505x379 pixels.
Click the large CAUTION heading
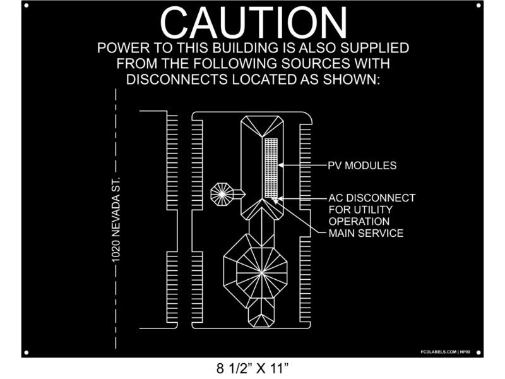(x=253, y=23)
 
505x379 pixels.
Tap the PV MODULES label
(x=362, y=165)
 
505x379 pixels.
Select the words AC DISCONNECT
(x=372, y=198)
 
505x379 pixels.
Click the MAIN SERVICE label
(x=366, y=234)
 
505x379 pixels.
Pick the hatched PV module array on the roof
(x=271, y=167)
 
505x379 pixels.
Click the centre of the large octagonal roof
(x=261, y=272)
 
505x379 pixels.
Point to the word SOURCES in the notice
(x=328, y=64)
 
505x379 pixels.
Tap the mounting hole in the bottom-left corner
(x=26, y=352)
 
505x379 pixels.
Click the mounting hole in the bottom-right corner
(x=478, y=352)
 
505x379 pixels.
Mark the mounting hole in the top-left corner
(x=26, y=6)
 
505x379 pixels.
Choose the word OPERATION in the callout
(x=359, y=222)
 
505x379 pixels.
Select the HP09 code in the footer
(x=466, y=351)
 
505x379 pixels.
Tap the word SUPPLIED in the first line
(x=373, y=48)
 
